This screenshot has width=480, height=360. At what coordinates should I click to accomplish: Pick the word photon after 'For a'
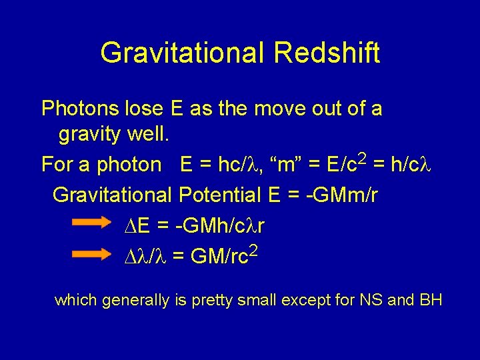[x=129, y=164]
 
